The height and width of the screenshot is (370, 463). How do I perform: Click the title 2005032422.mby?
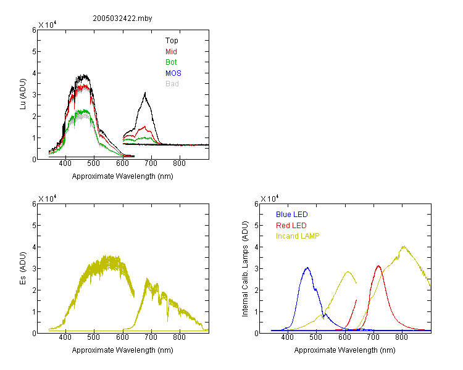122,18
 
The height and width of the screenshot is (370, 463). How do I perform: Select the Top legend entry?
172,41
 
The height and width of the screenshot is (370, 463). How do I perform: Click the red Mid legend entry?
171,51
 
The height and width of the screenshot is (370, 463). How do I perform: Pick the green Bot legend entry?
171,62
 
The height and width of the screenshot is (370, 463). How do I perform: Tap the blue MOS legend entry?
173,73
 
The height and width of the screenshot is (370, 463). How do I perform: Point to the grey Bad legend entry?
172,83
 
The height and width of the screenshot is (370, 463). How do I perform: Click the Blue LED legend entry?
292,214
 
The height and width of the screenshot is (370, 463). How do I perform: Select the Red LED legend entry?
291,226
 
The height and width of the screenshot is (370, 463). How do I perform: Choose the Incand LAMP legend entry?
298,236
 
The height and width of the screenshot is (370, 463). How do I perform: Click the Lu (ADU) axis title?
23,94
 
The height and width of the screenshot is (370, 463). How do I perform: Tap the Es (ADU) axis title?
23,268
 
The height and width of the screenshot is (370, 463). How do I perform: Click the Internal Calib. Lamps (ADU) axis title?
245,269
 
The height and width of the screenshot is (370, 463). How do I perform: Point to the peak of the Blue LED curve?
307,268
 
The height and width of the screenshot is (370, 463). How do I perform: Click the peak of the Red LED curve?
378,266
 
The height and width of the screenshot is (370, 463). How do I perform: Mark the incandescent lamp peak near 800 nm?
403,247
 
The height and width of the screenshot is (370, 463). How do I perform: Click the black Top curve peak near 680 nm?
145,93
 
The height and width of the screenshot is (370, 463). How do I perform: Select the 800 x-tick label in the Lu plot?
179,163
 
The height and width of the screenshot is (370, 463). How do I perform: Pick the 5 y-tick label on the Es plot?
34,226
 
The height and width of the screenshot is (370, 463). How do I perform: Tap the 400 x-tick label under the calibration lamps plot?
288,337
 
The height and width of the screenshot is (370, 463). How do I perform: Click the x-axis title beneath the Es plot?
122,350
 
